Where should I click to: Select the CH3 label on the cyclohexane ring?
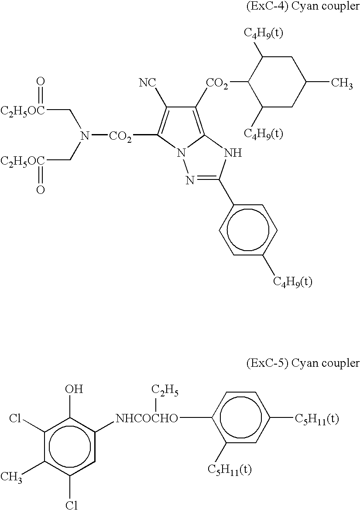click(x=342, y=83)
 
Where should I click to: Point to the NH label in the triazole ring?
click(x=231, y=154)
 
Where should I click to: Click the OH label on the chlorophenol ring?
click(x=73, y=389)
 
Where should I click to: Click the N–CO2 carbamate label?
click(x=105, y=137)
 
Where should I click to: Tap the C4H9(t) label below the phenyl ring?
click(x=293, y=281)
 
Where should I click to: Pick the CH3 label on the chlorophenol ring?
click(x=12, y=476)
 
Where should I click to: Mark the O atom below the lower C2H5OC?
click(x=40, y=190)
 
